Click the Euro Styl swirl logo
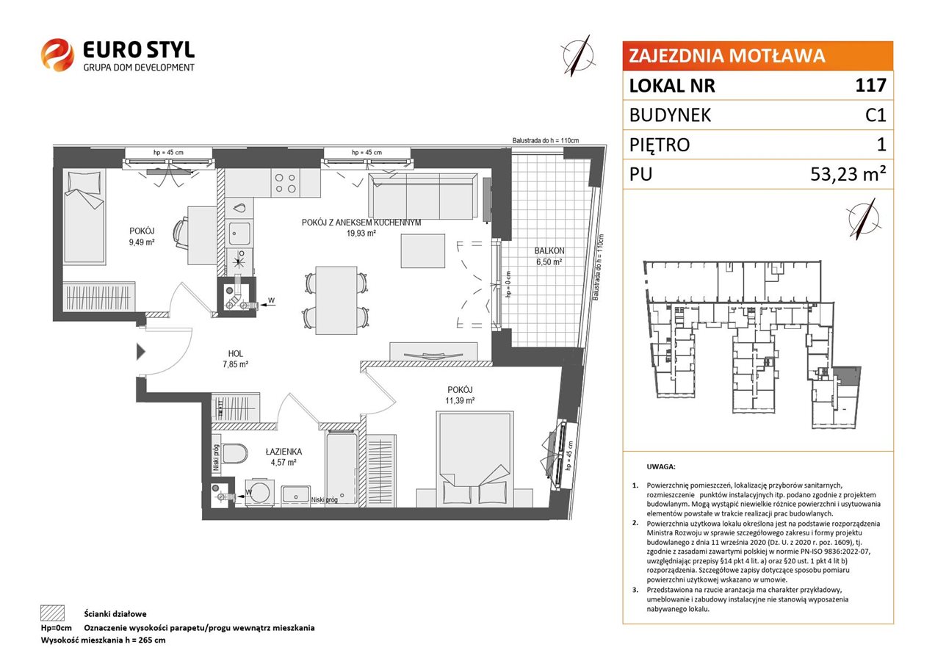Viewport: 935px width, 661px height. pyautogui.click(x=57, y=54)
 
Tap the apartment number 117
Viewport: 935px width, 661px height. pyautogui.click(x=870, y=85)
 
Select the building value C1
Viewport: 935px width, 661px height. pyautogui.click(x=876, y=115)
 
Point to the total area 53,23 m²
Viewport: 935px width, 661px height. pyautogui.click(x=848, y=174)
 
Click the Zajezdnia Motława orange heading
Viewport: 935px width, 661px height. pyautogui.click(x=727, y=56)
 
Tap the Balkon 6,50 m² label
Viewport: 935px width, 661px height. pyautogui.click(x=549, y=256)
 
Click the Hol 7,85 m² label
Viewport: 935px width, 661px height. pyautogui.click(x=236, y=359)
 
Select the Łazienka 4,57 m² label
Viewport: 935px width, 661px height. pyautogui.click(x=284, y=457)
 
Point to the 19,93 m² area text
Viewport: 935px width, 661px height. pyautogui.click(x=361, y=234)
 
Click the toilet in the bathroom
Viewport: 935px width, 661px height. pyautogui.click(x=234, y=453)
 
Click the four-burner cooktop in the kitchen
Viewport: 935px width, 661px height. pyautogui.click(x=286, y=183)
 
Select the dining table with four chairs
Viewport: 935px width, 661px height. pyautogui.click(x=336, y=300)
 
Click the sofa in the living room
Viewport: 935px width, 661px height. pyautogui.click(x=422, y=196)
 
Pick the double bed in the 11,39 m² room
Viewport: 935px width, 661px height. pyautogui.click(x=474, y=459)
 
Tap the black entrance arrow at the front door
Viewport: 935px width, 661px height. pyautogui.click(x=141, y=351)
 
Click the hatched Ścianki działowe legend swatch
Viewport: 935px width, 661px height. pyautogui.click(x=53, y=613)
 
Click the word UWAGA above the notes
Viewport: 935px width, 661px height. pyautogui.click(x=661, y=467)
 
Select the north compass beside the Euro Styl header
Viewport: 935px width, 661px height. pyautogui.click(x=578, y=56)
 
